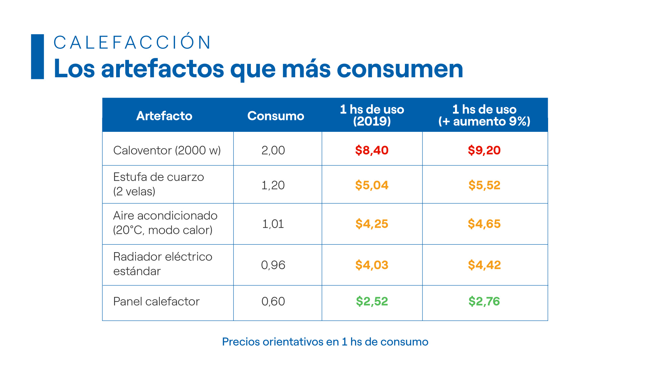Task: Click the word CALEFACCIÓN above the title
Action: (132, 43)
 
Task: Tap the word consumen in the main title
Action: (400, 69)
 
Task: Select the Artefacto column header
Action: (164, 116)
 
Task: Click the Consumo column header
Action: (276, 116)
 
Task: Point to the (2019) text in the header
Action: (372, 122)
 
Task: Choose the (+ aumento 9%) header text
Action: (484, 122)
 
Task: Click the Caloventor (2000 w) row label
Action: (167, 150)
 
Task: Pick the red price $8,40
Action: (372, 150)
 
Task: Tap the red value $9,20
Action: (484, 150)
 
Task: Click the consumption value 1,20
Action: (273, 185)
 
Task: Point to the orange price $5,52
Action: (484, 185)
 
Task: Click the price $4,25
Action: (372, 224)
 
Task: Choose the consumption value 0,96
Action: (273, 265)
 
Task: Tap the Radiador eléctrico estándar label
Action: (162, 264)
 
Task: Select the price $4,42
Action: (484, 265)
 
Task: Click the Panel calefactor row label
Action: (156, 301)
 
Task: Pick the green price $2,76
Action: (484, 301)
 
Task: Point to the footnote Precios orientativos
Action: (325, 342)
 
